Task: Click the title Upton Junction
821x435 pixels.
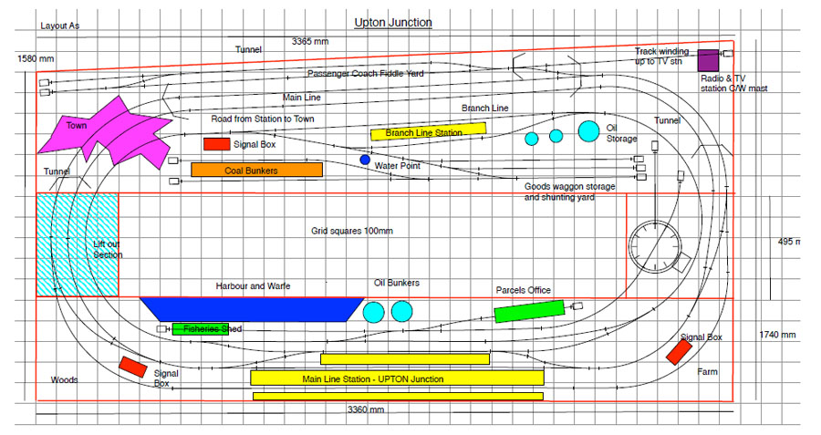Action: point(393,22)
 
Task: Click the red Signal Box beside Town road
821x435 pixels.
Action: point(216,143)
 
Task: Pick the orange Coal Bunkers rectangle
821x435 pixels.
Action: point(256,170)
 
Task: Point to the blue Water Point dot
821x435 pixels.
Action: point(365,160)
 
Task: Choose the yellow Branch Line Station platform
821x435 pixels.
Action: point(428,132)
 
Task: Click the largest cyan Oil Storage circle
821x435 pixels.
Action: point(588,130)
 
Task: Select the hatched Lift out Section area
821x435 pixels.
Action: point(78,244)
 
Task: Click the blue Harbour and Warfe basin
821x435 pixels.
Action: point(249,308)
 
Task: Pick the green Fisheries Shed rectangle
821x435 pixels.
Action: point(201,328)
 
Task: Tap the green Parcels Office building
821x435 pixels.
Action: point(530,311)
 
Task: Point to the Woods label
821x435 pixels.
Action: point(64,379)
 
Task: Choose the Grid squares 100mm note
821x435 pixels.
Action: point(351,231)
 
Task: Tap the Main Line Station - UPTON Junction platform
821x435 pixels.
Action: point(397,378)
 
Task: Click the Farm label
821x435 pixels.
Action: point(708,372)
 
